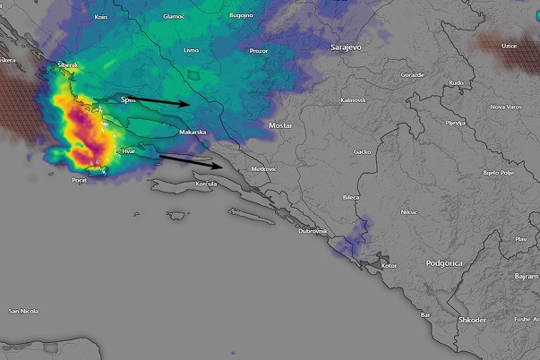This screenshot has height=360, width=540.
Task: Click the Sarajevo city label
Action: (345, 46)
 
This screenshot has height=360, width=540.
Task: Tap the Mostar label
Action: (280, 125)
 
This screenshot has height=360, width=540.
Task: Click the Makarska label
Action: (193, 132)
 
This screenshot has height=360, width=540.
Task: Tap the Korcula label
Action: (208, 183)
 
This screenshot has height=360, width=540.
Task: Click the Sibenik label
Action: (68, 65)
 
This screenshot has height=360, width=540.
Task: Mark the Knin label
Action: (101, 17)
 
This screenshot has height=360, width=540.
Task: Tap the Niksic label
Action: (408, 212)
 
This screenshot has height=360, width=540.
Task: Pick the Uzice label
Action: (509, 44)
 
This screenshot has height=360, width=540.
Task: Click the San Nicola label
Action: (23, 311)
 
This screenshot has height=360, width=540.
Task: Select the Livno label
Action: (190, 51)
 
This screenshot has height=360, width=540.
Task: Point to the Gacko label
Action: (362, 151)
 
